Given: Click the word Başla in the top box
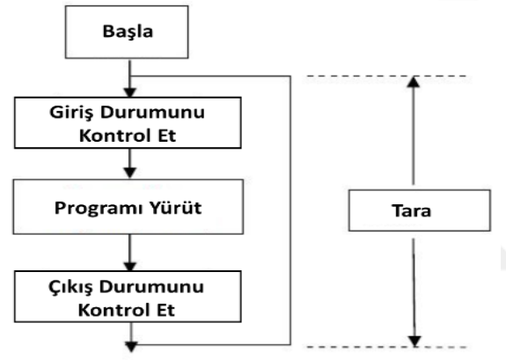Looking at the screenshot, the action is pyautogui.click(x=128, y=32).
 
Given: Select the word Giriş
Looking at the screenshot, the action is pyautogui.click(x=70, y=113).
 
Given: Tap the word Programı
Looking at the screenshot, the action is pyautogui.click(x=98, y=209).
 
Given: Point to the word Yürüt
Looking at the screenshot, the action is pyautogui.click(x=176, y=208).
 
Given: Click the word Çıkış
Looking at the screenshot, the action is pyautogui.click(x=71, y=287).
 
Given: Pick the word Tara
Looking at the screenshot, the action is pyautogui.click(x=412, y=210).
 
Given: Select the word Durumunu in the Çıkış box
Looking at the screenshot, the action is pyautogui.click(x=151, y=287).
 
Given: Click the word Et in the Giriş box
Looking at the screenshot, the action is pyautogui.click(x=167, y=136).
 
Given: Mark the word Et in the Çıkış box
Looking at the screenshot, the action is pyautogui.click(x=165, y=310).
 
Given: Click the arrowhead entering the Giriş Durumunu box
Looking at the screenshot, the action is pyautogui.click(x=129, y=92).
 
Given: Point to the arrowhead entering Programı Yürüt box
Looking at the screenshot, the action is pyautogui.click(x=129, y=173).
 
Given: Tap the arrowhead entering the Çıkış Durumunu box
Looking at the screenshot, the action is pyautogui.click(x=129, y=267).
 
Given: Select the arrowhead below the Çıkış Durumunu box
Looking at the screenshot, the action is pyautogui.click(x=131, y=347).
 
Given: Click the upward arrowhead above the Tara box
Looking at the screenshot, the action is pyautogui.click(x=414, y=81).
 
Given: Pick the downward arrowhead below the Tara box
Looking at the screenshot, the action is pyautogui.click(x=414, y=342).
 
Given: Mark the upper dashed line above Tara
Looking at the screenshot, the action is pyautogui.click(x=386, y=77).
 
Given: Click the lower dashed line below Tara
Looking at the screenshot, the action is pyautogui.click(x=386, y=348).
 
